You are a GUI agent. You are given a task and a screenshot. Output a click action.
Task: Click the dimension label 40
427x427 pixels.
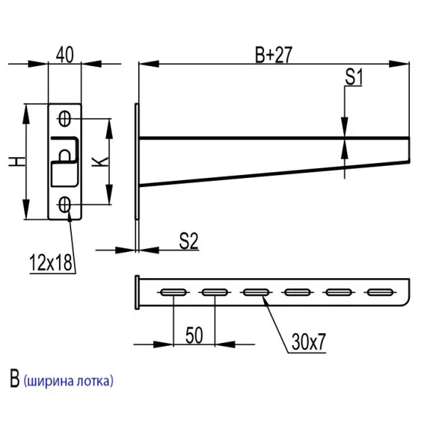[x=65, y=54]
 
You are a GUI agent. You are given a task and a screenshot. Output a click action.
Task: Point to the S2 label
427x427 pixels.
[x=188, y=241]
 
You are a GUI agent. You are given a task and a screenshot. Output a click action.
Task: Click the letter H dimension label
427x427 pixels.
[x=16, y=163]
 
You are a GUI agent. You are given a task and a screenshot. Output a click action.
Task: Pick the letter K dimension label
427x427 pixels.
[x=100, y=162]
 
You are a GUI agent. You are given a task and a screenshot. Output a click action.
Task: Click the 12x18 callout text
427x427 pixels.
[x=51, y=263]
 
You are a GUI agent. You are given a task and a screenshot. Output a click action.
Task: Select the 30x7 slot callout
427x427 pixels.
[x=307, y=342]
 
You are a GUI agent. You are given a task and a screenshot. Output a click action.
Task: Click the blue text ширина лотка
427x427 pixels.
[x=68, y=381]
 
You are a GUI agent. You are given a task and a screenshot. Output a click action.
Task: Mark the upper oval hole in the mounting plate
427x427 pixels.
[x=65, y=117]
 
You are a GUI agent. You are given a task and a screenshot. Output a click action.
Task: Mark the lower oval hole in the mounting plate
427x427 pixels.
[x=65, y=205]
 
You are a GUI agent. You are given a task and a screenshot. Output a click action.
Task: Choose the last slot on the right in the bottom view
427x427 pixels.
[x=379, y=292]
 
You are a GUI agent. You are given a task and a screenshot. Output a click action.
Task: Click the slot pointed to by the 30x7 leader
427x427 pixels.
[x=255, y=292]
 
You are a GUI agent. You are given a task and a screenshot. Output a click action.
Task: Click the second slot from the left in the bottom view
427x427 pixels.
[x=214, y=292]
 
